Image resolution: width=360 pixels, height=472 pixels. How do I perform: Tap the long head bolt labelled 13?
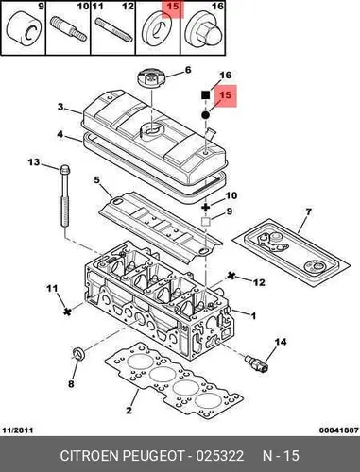coord(64,197)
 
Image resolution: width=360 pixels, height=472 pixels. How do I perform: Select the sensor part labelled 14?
coord(257,363)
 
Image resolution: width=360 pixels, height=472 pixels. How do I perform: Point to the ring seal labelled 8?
coord(78,354)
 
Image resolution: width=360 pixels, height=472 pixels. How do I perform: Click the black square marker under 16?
coord(206,94)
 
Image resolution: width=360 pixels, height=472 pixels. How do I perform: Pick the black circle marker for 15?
coord(205,115)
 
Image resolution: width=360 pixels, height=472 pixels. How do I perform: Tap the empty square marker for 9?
coord(205,222)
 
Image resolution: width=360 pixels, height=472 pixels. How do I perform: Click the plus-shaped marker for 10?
coord(206,207)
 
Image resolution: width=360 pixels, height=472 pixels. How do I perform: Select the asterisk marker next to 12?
coord(231,276)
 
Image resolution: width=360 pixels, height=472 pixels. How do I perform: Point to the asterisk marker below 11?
coord(66,312)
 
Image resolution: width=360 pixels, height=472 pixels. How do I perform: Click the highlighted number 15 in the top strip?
coord(173,7)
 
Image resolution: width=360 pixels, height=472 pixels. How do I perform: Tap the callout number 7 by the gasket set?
coord(308,211)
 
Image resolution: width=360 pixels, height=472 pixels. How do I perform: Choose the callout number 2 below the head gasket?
coord(129,410)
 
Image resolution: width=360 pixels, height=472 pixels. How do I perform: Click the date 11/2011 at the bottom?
coord(18,430)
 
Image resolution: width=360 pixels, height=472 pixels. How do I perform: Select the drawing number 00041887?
coord(339,430)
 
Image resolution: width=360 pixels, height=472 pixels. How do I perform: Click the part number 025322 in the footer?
coord(220,456)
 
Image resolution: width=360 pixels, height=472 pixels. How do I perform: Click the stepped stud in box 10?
coord(68,29)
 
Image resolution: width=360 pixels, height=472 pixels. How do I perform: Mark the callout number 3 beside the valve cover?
coord(60,107)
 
